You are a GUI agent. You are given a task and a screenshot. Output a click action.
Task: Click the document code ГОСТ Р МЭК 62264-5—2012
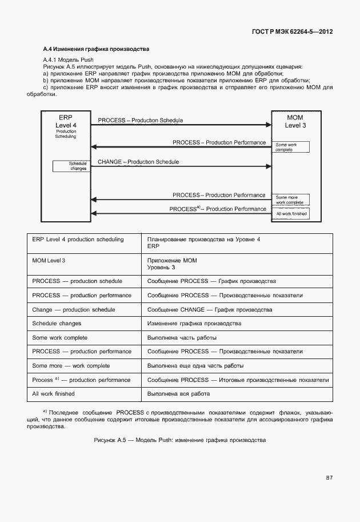pyautogui.click(x=292, y=31)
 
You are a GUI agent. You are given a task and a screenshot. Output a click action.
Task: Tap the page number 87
pyautogui.click(x=329, y=477)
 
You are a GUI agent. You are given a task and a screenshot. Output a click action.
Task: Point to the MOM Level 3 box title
pyautogui.click(x=295, y=121)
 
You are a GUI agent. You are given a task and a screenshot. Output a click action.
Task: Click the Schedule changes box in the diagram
pyautogui.click(x=71, y=166)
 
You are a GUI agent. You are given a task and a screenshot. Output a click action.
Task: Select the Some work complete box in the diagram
pyautogui.click(x=291, y=147)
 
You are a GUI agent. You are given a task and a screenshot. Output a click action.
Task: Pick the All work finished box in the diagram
pyautogui.click(x=291, y=213)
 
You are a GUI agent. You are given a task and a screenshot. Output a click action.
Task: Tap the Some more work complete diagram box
pyautogui.click(x=291, y=200)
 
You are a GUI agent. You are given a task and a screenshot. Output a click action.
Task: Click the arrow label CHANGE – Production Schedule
pyautogui.click(x=138, y=162)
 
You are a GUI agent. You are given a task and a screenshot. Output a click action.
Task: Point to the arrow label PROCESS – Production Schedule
pyautogui.click(x=141, y=120)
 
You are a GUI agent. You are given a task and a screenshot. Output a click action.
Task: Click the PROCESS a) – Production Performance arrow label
pyautogui.click(x=218, y=209)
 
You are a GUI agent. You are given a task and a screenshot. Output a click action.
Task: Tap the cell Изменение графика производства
pyautogui.click(x=194, y=324)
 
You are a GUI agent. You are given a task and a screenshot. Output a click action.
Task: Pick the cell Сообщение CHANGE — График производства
pyautogui.click(x=210, y=309)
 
